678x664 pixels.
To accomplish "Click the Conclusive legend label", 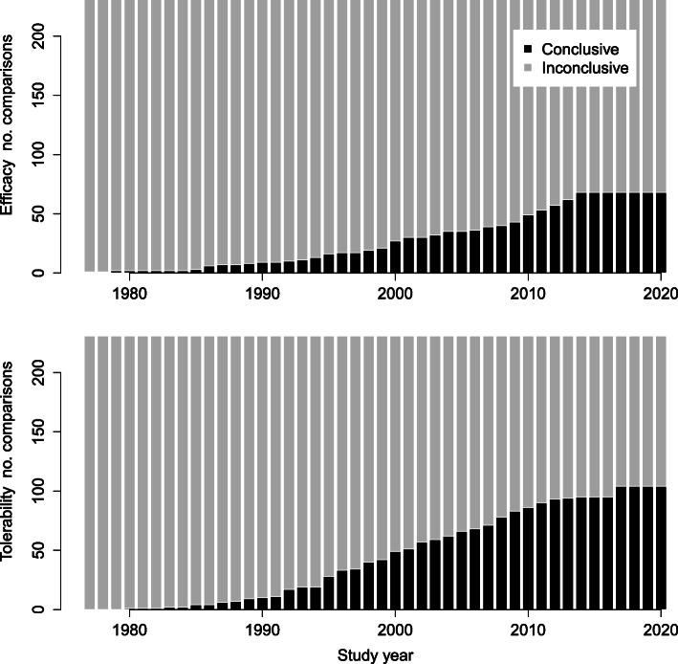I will click(578, 49).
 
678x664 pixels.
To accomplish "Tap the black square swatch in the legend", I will click(523, 49).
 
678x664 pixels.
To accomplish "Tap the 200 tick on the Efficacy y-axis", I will click(48, 36).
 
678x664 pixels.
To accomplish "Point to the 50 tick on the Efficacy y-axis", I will click(48, 213).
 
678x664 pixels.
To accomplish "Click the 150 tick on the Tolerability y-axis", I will click(48, 432).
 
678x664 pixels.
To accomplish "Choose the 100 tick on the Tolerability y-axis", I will click(48, 491).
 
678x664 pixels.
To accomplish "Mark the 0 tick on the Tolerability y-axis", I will click(48, 609).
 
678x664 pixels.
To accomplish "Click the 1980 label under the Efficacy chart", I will click(128, 294).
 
